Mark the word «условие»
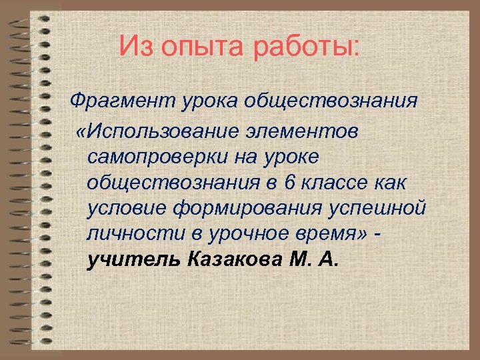[126, 208]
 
